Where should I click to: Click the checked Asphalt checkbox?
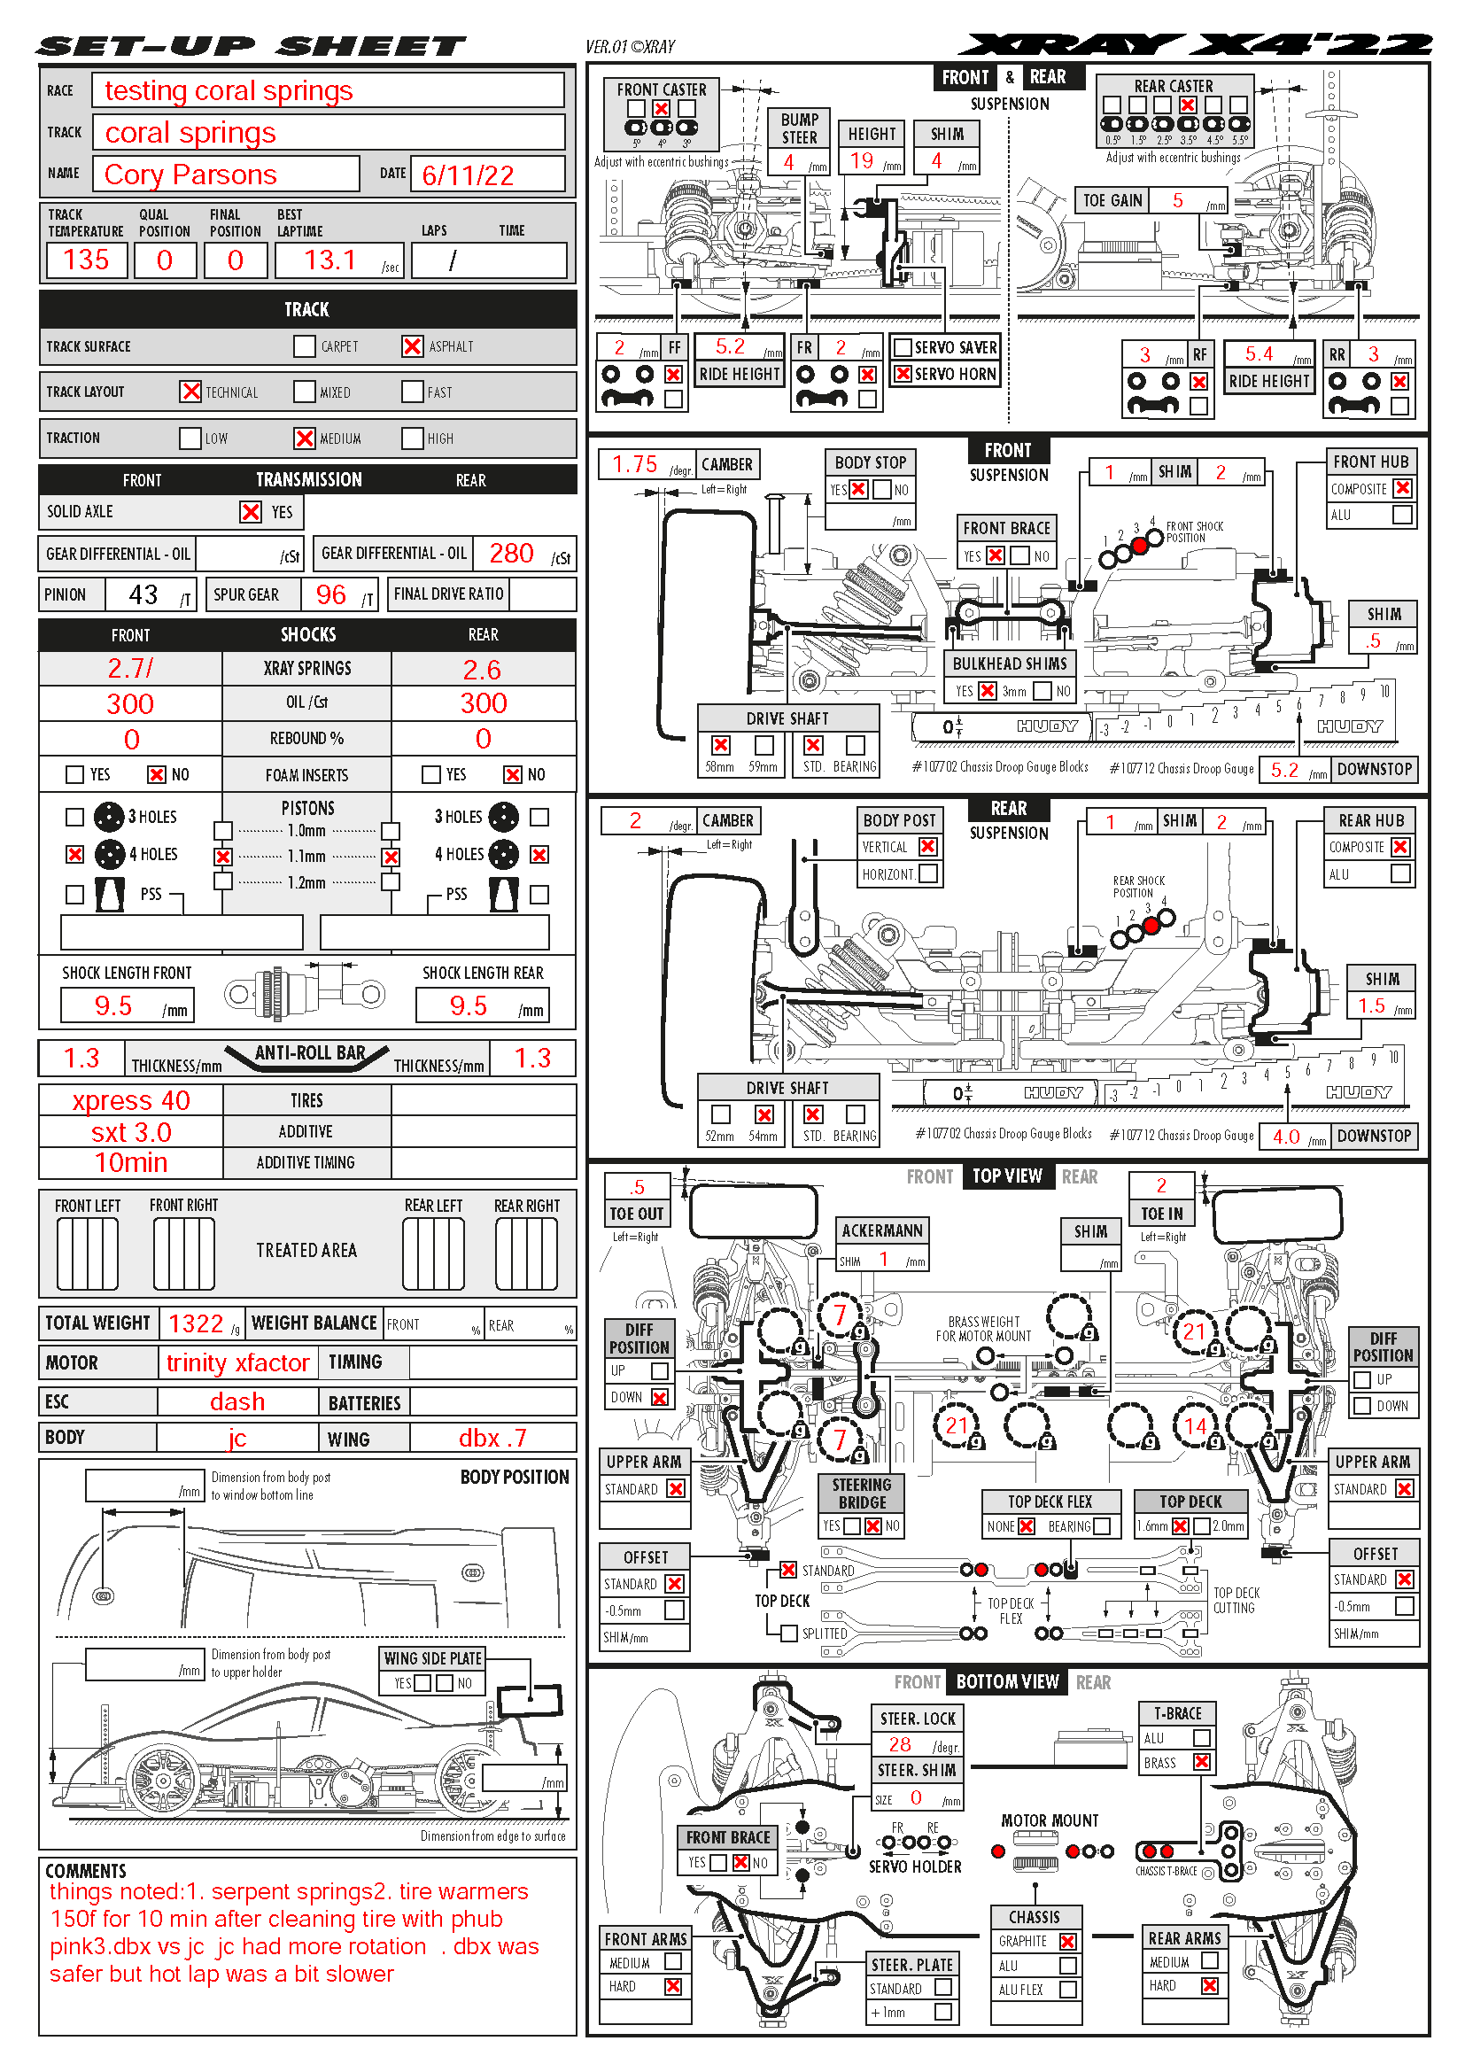[412, 346]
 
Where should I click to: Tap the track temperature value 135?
[87, 260]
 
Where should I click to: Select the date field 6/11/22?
[468, 175]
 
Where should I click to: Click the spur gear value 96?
[331, 594]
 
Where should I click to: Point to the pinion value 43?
[143, 594]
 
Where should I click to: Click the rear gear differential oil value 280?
[510, 553]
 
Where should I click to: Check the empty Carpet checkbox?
[305, 346]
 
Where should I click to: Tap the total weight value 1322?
[196, 1323]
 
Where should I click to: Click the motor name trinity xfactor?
[237, 1362]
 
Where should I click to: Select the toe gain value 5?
[1177, 200]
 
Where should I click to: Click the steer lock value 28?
[899, 1744]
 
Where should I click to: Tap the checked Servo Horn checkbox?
[902, 374]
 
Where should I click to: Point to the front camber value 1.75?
[635, 464]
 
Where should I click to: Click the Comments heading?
[86, 1871]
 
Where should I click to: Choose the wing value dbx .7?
[492, 1438]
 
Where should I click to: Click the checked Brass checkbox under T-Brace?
[1201, 1762]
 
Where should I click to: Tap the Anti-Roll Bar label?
[309, 1053]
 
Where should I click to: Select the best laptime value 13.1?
[330, 260]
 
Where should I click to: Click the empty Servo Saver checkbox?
[902, 347]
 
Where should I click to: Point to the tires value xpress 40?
[131, 1101]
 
